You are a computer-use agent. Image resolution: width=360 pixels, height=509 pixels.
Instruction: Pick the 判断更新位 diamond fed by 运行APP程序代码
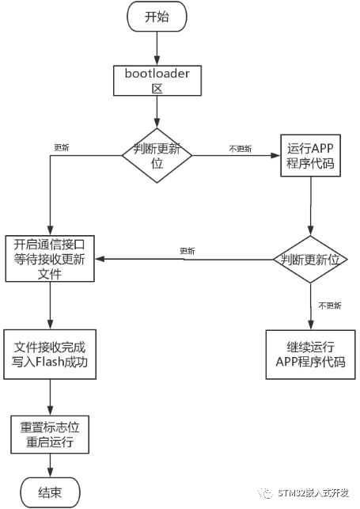(x=310, y=260)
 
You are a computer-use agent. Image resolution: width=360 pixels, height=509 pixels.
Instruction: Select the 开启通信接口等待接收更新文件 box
(x=50, y=259)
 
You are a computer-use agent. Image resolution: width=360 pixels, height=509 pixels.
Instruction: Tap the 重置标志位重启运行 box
(x=51, y=435)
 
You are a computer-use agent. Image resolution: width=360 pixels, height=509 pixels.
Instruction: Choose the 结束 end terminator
(x=51, y=492)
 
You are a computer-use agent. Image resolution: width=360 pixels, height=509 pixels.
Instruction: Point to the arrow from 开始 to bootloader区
(x=156, y=45)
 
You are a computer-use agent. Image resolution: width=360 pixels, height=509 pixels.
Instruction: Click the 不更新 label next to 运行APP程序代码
(x=240, y=148)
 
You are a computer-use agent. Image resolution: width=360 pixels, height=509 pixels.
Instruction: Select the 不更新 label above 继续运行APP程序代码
(x=329, y=306)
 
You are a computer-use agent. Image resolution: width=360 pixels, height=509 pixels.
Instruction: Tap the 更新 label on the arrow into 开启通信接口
(x=187, y=251)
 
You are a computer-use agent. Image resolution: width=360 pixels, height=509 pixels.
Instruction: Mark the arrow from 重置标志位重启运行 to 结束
(x=51, y=466)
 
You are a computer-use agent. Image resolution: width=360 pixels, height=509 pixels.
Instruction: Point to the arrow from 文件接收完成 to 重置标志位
(x=51, y=396)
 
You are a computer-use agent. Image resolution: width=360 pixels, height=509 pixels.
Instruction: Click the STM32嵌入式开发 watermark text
(x=316, y=493)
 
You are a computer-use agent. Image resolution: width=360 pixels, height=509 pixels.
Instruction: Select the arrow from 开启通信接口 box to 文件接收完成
(x=51, y=305)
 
